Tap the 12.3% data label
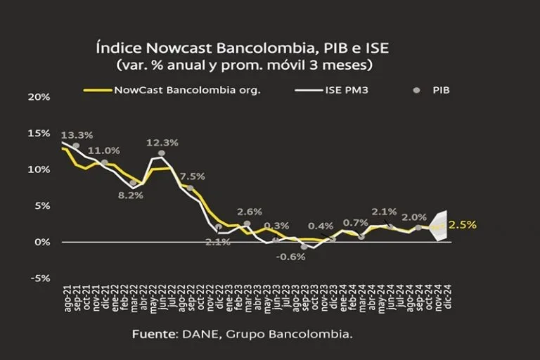[x=162, y=143]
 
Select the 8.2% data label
[x=131, y=195]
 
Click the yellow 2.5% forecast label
[x=463, y=225]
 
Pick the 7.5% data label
[x=192, y=176]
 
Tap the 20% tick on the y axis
[x=39, y=96]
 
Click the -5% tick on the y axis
[x=41, y=278]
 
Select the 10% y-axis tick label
[x=39, y=169]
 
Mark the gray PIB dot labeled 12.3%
[x=162, y=153]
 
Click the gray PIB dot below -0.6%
[x=304, y=247]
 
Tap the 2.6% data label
[x=250, y=212]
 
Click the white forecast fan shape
[x=440, y=226]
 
